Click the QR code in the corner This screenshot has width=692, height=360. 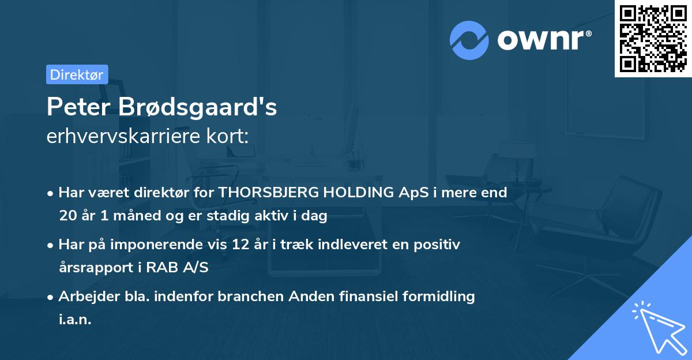click(x=653, y=39)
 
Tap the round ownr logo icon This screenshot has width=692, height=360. click(x=469, y=40)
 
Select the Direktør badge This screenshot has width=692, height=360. click(x=77, y=74)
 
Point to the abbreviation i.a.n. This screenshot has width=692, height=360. click(x=75, y=320)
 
